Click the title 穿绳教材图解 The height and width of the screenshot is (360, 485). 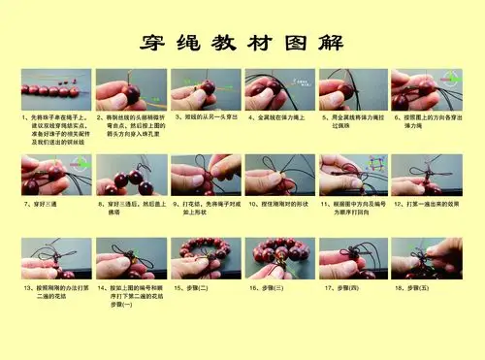242,43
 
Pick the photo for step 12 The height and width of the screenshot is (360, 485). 426,175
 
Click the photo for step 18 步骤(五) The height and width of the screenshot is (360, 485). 426,258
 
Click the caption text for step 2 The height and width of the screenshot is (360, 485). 131,125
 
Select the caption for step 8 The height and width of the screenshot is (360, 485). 131,209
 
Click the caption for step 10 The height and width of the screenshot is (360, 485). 280,205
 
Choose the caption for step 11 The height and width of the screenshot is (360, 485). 354,209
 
